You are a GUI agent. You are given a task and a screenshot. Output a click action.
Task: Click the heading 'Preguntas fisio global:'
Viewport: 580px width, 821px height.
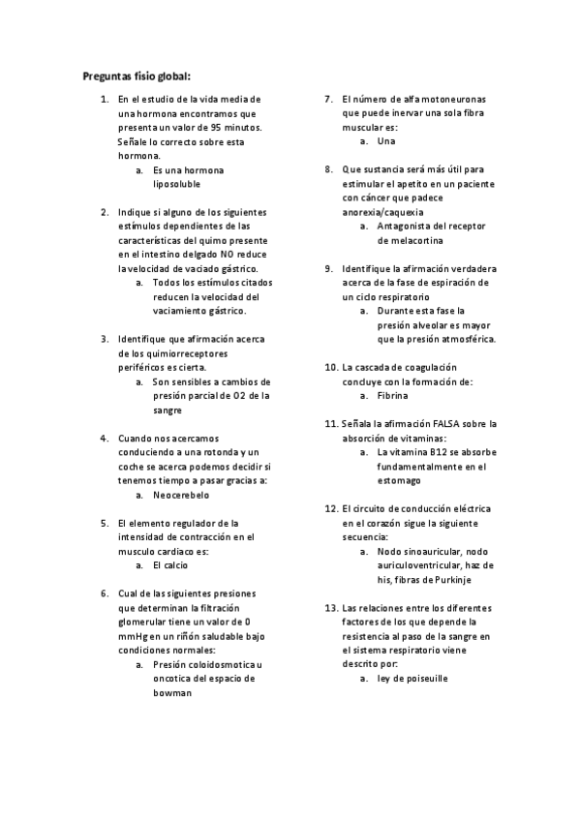point(137,75)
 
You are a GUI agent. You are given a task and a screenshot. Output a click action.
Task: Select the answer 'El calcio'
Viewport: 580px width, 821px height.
point(170,564)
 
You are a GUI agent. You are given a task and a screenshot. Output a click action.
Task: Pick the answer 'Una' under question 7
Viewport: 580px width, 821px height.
point(386,141)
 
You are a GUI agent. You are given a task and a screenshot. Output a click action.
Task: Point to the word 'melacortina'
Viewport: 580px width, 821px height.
point(407,240)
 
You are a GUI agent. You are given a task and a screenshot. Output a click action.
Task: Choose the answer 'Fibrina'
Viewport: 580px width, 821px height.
point(393,396)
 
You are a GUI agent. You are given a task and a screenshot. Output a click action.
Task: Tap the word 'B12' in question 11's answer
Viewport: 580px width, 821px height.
point(438,452)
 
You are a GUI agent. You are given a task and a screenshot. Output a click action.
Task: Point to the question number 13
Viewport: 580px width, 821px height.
point(330,607)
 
